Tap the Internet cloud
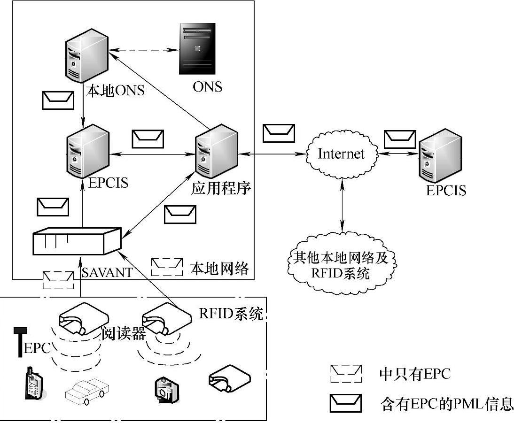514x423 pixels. (341, 154)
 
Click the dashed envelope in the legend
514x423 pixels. (346, 373)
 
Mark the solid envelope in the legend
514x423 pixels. (346, 403)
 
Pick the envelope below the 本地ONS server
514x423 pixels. (58, 100)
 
